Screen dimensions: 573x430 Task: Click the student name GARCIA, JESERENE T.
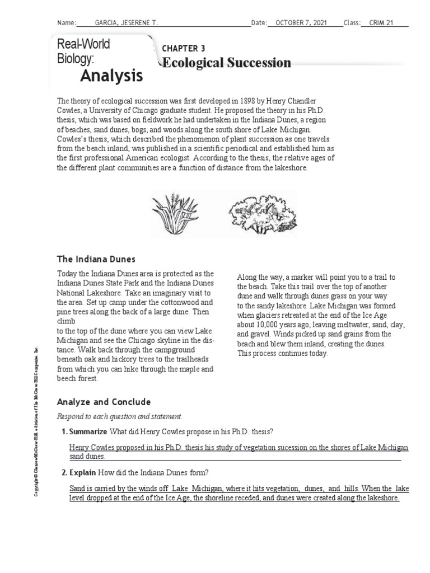pyautogui.click(x=127, y=22)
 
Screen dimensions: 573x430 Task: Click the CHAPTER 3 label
pyautogui.click(x=183, y=49)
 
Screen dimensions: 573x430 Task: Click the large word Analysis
pyautogui.click(x=111, y=75)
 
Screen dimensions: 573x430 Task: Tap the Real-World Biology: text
pyautogui.click(x=83, y=51)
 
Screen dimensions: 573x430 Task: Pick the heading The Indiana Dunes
pyautogui.click(x=96, y=259)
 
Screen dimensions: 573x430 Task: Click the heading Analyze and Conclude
pyautogui.click(x=104, y=402)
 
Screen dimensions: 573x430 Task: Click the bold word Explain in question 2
pyautogui.click(x=83, y=473)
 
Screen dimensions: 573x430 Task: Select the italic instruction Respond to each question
pyautogui.click(x=119, y=417)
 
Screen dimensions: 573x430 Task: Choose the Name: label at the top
pyautogui.click(x=66, y=22)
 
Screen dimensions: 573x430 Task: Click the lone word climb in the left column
pyautogui.click(x=67, y=323)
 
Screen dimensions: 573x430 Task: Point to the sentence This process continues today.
pyautogui.click(x=283, y=353)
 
